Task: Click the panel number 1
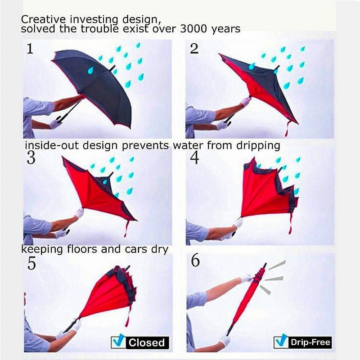(x=30, y=49)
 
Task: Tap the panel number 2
(x=194, y=49)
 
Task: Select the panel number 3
(x=31, y=158)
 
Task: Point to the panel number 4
(x=195, y=158)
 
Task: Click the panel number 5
(x=31, y=263)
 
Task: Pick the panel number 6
(x=195, y=261)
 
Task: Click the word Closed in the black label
(x=147, y=342)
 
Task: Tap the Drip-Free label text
(x=310, y=342)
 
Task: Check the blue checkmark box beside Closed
(x=118, y=342)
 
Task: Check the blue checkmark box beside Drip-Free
(x=280, y=342)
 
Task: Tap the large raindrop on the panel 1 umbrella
(x=91, y=70)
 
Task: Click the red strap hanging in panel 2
(x=287, y=129)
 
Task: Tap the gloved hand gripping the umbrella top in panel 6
(x=247, y=279)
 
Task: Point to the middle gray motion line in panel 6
(x=274, y=279)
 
